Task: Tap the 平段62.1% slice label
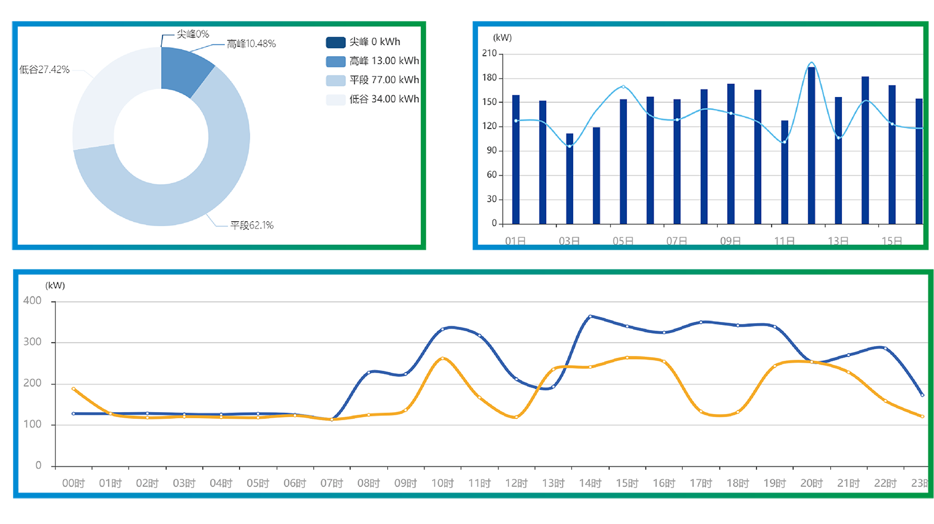coord(251,226)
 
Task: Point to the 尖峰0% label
coord(193,34)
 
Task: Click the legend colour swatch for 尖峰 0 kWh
coord(335,42)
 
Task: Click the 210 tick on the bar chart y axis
coord(489,54)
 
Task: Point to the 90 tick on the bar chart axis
coord(492,150)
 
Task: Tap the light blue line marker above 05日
coord(623,87)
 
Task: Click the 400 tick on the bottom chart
coord(33,301)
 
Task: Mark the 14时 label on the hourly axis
coord(590,483)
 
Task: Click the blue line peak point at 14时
coord(590,316)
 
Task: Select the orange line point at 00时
coord(74,389)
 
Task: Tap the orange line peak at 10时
coord(442,358)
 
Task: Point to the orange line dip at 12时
coord(516,417)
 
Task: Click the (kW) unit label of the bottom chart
coord(55,285)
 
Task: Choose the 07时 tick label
coord(332,483)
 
